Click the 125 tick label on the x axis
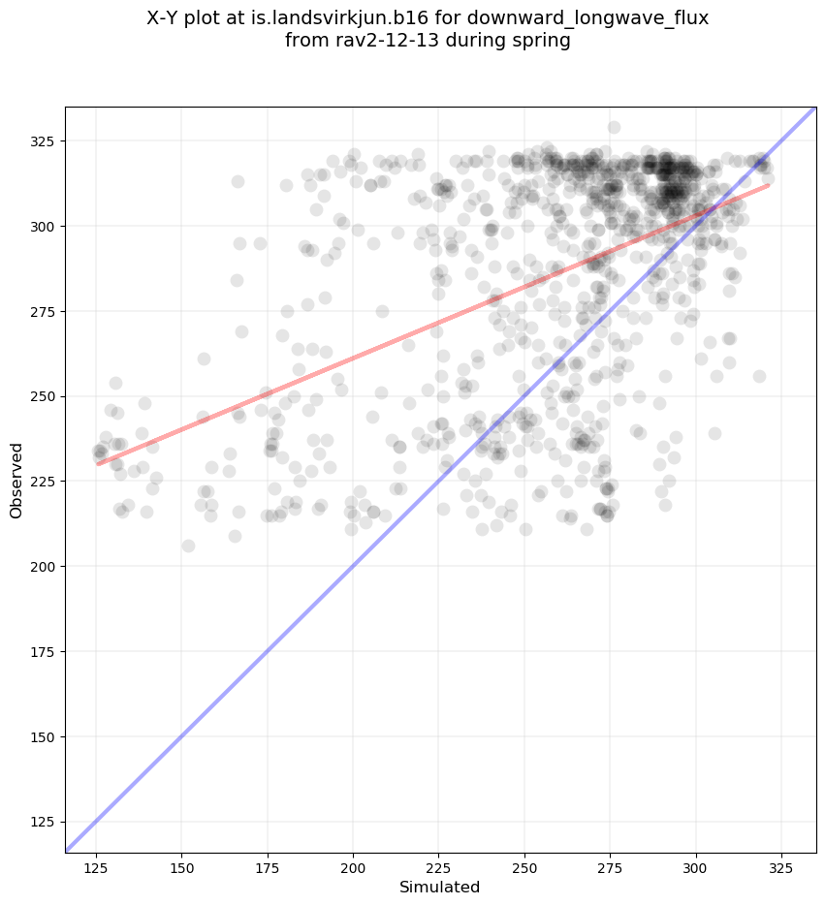[x=96, y=865]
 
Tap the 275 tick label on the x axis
[x=610, y=865]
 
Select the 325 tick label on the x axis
[x=781, y=865]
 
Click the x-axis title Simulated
[x=440, y=887]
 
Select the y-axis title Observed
[x=16, y=480]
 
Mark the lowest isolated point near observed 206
[x=188, y=546]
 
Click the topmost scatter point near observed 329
[x=614, y=127]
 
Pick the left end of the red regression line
[x=97, y=464]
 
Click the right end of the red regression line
[x=769, y=184]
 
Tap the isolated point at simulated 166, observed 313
[x=238, y=181]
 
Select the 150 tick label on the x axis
[x=182, y=865]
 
